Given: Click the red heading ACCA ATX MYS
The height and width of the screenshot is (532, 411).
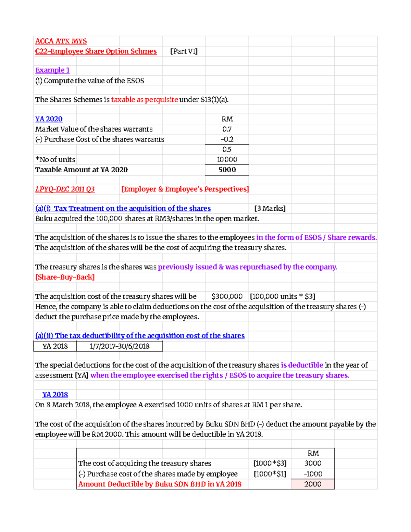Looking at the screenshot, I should coord(61,41).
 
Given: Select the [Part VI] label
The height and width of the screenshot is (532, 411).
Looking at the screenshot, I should coord(184,51).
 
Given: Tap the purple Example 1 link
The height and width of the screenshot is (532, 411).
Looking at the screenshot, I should coord(52,70).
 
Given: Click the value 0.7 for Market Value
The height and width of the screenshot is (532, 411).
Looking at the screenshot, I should coord(227,129).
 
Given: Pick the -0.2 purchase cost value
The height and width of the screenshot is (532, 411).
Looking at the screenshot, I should coord(227,139).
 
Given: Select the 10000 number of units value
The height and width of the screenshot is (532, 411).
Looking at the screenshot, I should coord(227,160).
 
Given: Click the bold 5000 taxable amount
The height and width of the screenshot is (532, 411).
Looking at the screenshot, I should coord(227,170).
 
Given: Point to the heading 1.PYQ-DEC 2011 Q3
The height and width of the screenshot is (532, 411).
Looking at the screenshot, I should coord(65,189).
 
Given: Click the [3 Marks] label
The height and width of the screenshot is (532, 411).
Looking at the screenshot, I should coord(270,208).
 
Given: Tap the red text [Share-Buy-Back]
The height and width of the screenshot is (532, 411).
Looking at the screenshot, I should coord(65,277).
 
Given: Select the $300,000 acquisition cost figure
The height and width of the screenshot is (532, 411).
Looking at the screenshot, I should coord(227,296).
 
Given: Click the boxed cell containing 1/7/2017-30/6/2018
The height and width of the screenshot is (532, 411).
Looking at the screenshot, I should coord(120,346).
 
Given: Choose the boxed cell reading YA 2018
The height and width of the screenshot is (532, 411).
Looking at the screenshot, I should coord(55,346).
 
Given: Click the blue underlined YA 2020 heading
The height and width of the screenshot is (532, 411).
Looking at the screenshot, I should coord(49,119).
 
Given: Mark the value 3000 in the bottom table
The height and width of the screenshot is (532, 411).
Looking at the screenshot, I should coord(313,463).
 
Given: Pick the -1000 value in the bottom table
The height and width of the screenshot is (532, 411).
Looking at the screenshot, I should coord(313,474).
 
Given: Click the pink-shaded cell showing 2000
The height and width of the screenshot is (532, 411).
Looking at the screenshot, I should coord(313,484).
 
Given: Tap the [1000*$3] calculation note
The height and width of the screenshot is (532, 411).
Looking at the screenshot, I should coord(270,463).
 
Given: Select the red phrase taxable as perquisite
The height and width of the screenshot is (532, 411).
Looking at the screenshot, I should coord(144,100).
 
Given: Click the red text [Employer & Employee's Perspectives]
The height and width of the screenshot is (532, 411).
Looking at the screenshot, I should coord(185,189).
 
